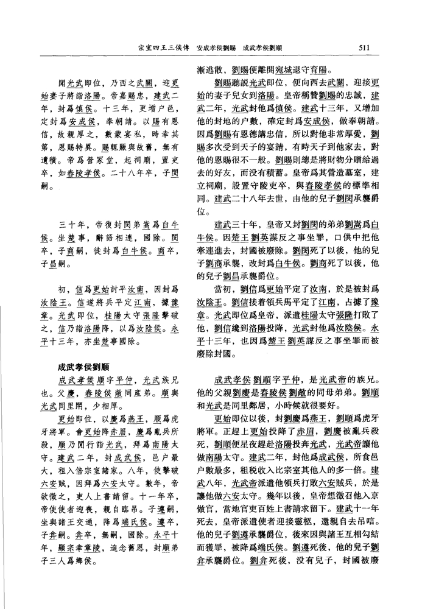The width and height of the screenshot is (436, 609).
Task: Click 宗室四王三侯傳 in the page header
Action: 166,46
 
